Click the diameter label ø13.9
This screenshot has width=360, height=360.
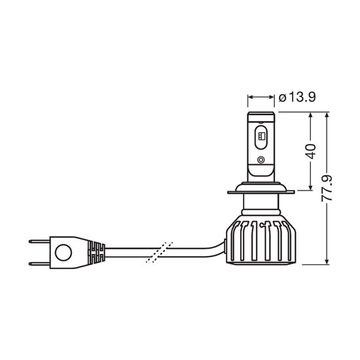tap(298, 98)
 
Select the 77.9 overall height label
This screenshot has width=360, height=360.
tap(330, 188)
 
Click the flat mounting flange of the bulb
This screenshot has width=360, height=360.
tap(261, 192)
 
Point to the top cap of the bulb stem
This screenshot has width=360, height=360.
tap(261, 115)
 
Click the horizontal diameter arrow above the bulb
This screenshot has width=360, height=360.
tap(261, 98)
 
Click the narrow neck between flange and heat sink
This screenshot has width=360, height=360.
tap(261, 205)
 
